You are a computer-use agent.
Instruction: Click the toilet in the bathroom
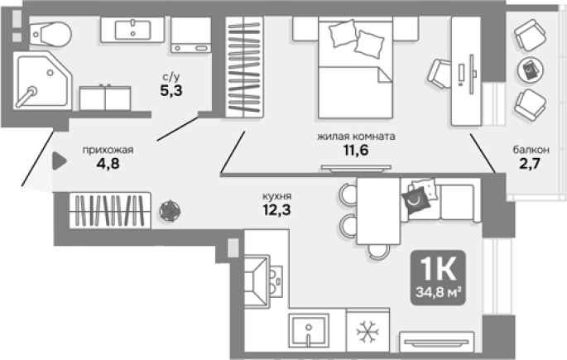point(50,34)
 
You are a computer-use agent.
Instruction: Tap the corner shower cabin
point(42,80)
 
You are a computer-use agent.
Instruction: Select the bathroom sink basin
point(132,30)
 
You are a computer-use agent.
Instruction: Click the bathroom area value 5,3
point(171,91)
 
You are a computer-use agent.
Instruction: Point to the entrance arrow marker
point(60,161)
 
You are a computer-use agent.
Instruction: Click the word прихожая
point(108,150)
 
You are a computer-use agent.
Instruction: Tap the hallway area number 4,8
point(108,164)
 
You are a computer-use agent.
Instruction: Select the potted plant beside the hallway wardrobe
point(170,211)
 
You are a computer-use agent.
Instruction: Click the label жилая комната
point(356,137)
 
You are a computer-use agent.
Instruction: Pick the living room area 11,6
point(356,150)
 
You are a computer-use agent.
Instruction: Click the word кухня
point(276,196)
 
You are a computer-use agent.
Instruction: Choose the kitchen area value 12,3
point(276,209)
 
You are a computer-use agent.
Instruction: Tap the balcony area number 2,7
point(530,164)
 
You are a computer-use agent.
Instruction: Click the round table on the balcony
point(531,70)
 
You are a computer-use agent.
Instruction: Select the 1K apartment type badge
point(438,277)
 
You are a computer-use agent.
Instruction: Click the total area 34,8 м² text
point(438,292)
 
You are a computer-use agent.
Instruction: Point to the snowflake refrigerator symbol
point(368,331)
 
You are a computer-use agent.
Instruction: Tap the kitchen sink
point(309,331)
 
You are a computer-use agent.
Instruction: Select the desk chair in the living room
point(440,74)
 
